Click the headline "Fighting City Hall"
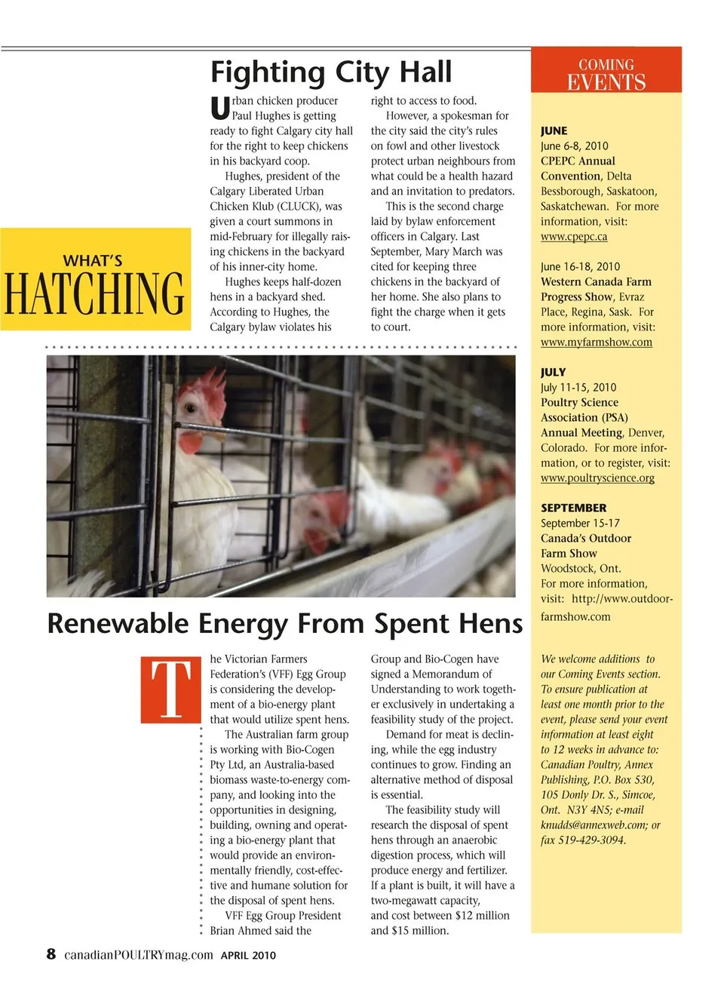point(330,72)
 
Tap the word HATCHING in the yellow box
point(94,293)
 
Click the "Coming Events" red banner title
point(606,74)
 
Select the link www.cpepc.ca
point(574,237)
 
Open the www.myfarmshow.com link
point(596,342)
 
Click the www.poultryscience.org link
point(597,478)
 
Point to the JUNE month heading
point(554,131)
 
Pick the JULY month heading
point(553,373)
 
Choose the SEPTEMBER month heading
point(573,508)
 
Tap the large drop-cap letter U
point(219,109)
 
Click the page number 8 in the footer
point(51,954)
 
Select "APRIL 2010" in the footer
point(248,955)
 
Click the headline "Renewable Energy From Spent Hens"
point(284,624)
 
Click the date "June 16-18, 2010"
point(580,267)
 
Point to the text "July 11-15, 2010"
point(578,388)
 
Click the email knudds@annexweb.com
point(594,825)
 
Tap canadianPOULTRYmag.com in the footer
point(138,955)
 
